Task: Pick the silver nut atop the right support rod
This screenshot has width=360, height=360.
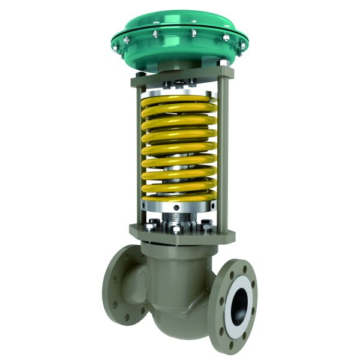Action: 223,62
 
